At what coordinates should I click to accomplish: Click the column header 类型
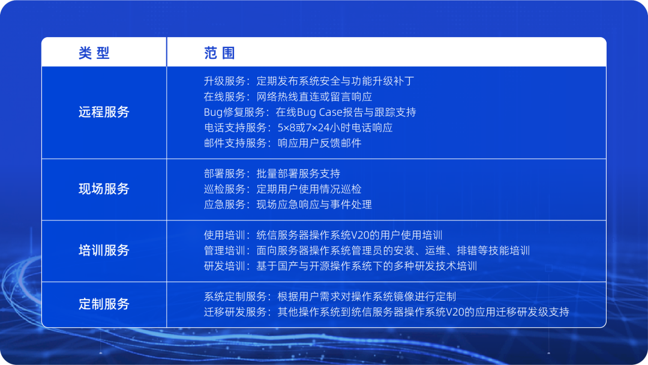[94, 53]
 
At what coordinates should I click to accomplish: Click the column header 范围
[220, 53]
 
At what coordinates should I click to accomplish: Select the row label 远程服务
[104, 112]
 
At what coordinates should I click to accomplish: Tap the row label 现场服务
[104, 189]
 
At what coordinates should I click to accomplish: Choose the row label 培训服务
[104, 250]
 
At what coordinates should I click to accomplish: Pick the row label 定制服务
[104, 304]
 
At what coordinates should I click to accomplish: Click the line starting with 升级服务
[309, 81]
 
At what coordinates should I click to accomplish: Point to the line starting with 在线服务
[287, 97]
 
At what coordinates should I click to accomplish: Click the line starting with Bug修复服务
[310, 112]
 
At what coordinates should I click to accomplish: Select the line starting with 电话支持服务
[298, 127]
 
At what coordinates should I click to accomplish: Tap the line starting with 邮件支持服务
[283, 143]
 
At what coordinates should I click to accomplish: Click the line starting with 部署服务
[272, 173]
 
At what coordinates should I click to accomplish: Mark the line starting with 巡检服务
[283, 189]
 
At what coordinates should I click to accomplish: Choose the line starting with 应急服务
[287, 204]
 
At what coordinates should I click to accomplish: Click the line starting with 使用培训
[323, 235]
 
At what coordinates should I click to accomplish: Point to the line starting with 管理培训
[367, 250]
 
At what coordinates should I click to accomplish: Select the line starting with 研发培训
[340, 266]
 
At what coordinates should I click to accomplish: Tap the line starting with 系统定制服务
[330, 297]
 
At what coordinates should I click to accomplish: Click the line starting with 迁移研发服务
[386, 312]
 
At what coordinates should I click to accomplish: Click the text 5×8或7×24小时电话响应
[335, 127]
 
